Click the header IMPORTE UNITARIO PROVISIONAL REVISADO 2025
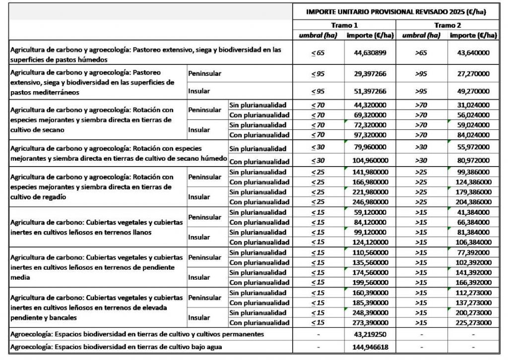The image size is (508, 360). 395,11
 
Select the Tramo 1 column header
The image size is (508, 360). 344,25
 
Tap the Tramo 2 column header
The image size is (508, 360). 446,25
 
